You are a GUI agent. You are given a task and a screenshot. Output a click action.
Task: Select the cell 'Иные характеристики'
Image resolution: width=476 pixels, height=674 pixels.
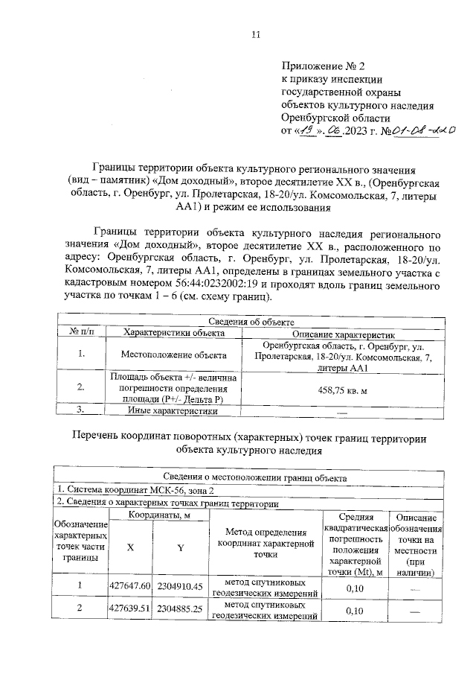174,410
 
